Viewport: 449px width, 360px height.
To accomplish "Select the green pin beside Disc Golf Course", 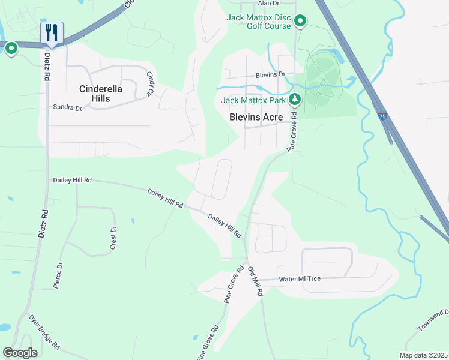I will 301,22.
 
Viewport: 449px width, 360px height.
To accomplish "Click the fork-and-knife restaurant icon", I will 52,33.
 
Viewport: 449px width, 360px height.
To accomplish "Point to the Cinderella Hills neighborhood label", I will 101,94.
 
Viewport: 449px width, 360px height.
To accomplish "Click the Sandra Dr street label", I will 67,107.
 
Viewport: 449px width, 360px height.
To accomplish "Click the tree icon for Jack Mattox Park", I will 294,99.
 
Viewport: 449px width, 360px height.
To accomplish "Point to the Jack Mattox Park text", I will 253,100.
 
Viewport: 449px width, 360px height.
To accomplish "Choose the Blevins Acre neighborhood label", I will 256,118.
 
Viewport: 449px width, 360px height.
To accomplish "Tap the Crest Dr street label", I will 112,238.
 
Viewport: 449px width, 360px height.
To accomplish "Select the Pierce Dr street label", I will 58,276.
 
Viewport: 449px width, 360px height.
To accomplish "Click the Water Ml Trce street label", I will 301,280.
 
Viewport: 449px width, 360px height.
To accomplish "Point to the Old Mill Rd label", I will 255,281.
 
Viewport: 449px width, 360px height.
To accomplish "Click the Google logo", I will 20,352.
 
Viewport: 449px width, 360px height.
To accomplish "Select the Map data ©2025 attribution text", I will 423,355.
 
